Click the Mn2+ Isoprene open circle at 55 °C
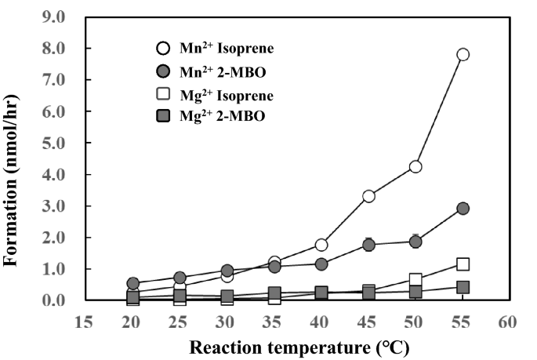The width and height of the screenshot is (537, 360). click(463, 54)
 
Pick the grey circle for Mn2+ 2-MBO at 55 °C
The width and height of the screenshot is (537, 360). click(463, 209)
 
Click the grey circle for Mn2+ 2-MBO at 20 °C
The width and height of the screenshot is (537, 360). click(133, 283)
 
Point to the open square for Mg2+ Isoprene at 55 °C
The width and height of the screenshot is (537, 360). click(463, 264)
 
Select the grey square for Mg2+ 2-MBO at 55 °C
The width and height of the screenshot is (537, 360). click(463, 287)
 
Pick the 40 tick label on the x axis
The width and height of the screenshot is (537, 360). click(321, 322)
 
